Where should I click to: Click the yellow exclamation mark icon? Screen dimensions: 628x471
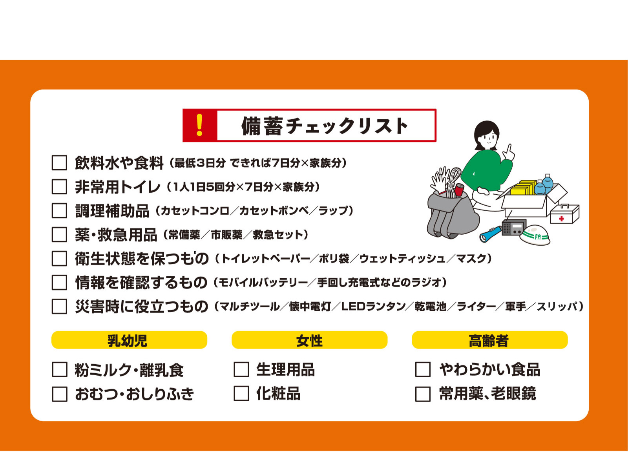click(199, 125)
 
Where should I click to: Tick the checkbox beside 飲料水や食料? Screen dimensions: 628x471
click(60, 163)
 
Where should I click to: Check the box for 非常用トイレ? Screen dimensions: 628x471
click(60, 187)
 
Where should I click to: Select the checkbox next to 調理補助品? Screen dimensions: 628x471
click(60, 210)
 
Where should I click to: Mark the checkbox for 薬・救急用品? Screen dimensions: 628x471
click(60, 234)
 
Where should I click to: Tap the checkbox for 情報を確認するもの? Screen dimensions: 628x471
click(60, 283)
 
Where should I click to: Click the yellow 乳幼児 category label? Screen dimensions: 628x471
click(129, 340)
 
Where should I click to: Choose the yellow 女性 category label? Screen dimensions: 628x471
click(310, 340)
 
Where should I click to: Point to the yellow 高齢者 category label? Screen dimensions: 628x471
click(490, 340)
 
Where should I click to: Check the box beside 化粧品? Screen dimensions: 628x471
click(241, 394)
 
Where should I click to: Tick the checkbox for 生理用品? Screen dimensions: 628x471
click(241, 369)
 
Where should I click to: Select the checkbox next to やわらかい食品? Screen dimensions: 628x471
click(423, 369)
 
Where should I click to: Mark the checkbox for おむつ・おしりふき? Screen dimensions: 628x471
click(60, 394)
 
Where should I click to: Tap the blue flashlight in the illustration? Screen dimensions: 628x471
click(490, 234)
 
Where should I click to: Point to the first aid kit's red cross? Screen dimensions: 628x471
click(561, 219)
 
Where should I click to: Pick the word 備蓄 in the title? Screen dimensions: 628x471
click(262, 126)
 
